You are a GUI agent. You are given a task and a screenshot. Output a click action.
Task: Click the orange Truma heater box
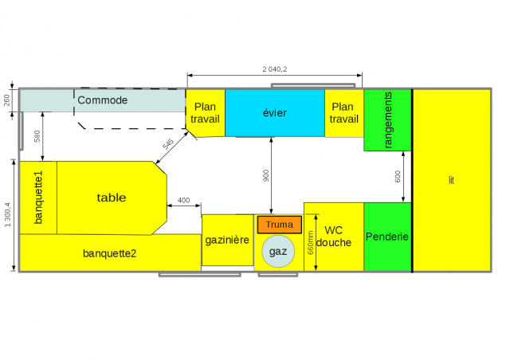tap(280, 225)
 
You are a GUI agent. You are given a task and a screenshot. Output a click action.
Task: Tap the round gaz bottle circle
tap(278, 252)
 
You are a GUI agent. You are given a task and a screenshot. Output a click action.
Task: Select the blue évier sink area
tap(275, 113)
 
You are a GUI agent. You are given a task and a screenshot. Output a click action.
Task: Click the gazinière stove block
tap(227, 240)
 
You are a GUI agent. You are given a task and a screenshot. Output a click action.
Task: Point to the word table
tap(112, 198)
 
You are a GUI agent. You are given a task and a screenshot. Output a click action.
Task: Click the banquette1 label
tap(38, 198)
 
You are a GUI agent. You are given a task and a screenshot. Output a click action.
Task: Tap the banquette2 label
tap(109, 253)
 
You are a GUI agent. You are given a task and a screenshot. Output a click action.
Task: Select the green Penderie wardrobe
tap(387, 237)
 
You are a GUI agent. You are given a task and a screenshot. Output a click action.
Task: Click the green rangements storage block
tap(388, 120)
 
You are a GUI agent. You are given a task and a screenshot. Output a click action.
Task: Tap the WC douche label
tap(334, 237)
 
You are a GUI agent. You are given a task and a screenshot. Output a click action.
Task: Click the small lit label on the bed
tap(451, 180)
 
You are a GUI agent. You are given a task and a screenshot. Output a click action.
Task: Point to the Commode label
tap(103, 100)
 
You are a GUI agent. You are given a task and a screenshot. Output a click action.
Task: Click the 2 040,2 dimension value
tap(275, 69)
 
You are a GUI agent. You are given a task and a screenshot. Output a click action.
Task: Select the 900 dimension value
tap(266, 175)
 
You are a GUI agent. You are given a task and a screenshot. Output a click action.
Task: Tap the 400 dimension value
tap(184, 201)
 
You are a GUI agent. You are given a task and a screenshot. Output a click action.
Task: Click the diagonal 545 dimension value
tap(168, 144)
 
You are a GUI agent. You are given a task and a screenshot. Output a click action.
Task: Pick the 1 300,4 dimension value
tap(7, 215)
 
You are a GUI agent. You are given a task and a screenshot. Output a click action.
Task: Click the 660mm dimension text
tap(310, 243)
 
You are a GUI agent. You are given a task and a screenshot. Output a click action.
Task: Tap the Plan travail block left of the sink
tap(205, 113)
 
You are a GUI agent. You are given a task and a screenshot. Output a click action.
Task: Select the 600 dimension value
tap(398, 177)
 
